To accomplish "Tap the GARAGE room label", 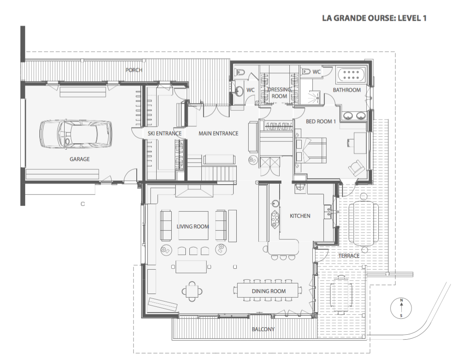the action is pos(80,159).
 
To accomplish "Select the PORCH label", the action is pos(134,70).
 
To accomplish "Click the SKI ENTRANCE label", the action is pos(165,133).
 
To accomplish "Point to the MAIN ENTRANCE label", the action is pos(218,133).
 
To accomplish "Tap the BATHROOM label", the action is pos(347,90).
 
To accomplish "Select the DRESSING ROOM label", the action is pos(279,93).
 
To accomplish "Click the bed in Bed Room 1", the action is pos(311,150).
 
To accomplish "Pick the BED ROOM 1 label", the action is pos(321,121).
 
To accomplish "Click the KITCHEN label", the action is pos(300,216).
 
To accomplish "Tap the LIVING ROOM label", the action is pos(192,226).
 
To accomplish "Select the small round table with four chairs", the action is pos(192,291).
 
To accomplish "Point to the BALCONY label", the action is pos(263,329).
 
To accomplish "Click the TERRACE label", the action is pos(349,256).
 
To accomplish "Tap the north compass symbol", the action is pos(401,308).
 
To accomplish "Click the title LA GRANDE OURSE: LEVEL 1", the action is pos(374,18).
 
